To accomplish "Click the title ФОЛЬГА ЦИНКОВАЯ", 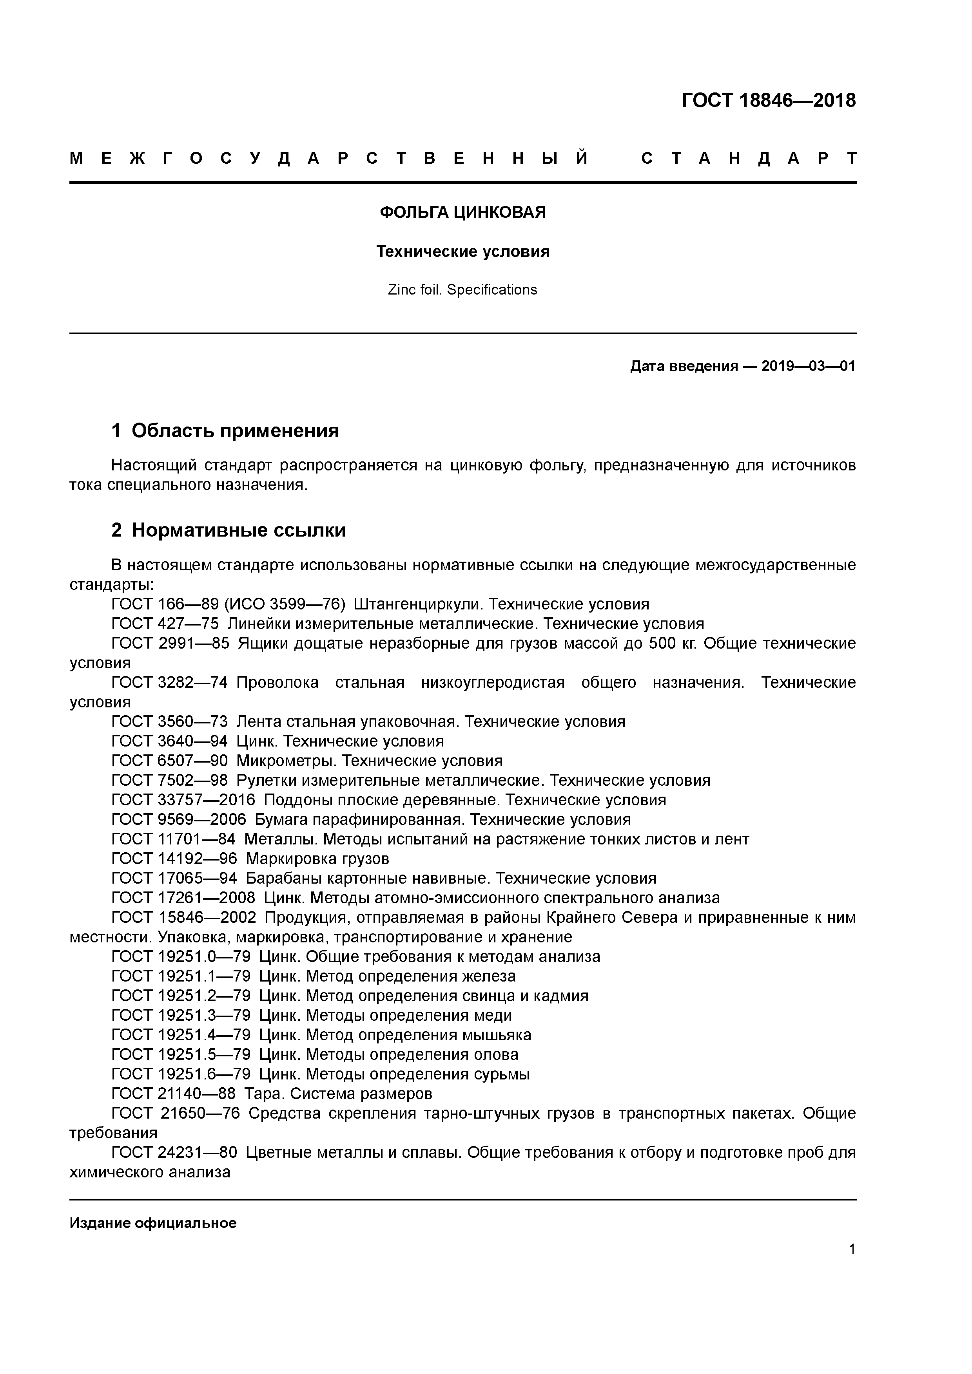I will [x=462, y=212].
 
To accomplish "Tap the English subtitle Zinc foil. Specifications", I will [x=462, y=289].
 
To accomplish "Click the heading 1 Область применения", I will [x=225, y=430].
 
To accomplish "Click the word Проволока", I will [x=277, y=682].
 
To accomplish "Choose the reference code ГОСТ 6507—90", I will [x=169, y=761].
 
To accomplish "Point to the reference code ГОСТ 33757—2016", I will [x=183, y=800].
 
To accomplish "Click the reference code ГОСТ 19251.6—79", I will [x=181, y=1074].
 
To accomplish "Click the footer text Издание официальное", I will [x=153, y=1222].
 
